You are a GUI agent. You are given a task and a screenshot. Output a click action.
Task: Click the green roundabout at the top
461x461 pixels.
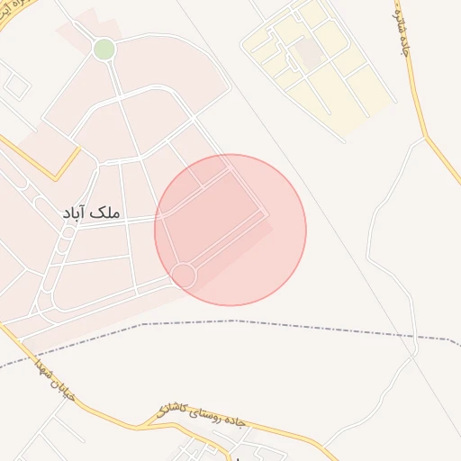[x=104, y=49]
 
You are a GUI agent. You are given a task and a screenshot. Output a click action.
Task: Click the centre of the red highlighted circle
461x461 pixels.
[x=230, y=230]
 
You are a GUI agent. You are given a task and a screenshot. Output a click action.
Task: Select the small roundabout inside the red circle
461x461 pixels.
[x=184, y=276]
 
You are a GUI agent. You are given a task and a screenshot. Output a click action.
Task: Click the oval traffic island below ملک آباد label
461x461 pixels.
[x=68, y=233]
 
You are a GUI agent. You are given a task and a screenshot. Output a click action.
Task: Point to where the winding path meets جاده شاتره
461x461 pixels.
[x=426, y=139]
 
